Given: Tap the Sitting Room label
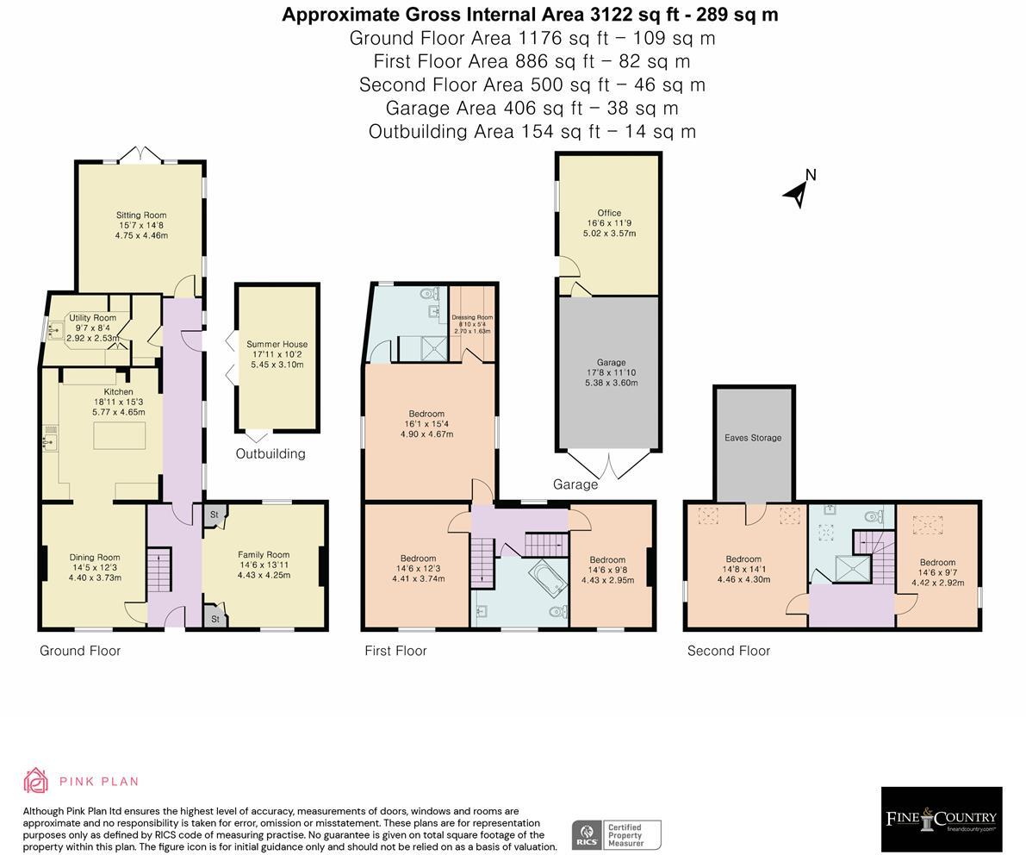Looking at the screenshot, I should click(x=141, y=215).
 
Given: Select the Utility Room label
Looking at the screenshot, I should click(x=92, y=318).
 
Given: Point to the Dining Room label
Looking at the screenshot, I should click(x=95, y=558).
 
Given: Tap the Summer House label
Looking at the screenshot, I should click(x=277, y=344).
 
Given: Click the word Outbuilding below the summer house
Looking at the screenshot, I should click(x=270, y=453).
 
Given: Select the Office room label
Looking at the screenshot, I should click(x=609, y=213).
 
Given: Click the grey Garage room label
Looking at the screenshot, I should click(x=611, y=363).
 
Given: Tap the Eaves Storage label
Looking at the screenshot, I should click(x=753, y=438).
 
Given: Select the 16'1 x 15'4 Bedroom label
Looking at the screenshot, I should click(x=426, y=414).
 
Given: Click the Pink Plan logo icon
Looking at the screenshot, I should click(x=35, y=781).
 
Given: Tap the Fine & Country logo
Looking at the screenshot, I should click(x=941, y=819).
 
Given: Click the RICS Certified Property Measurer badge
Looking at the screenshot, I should click(x=616, y=834).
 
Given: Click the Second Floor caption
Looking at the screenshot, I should click(x=728, y=651).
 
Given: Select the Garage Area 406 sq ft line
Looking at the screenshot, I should click(x=532, y=108).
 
